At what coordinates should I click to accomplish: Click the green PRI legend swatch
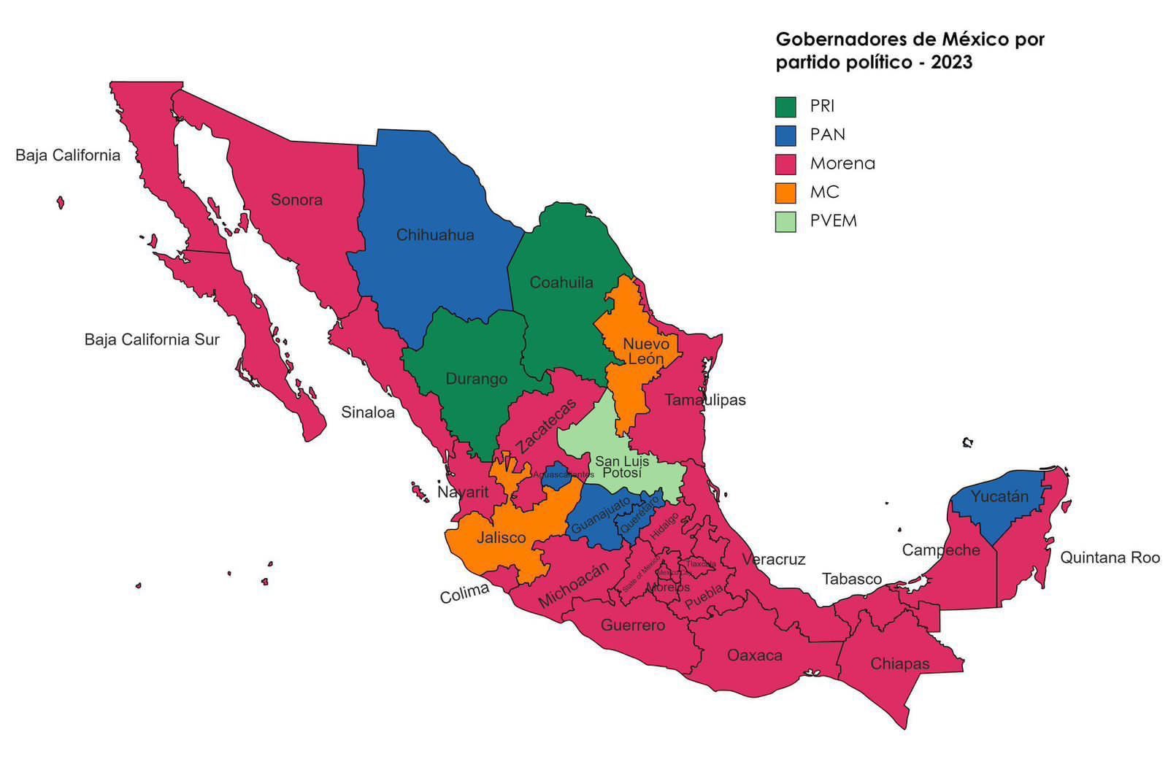click(785, 107)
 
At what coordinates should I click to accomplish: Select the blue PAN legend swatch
click(785, 135)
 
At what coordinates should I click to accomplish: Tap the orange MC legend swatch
click(785, 193)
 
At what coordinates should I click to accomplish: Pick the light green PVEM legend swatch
click(785, 221)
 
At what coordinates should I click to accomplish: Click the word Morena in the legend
click(842, 163)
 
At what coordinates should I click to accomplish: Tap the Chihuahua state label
click(435, 235)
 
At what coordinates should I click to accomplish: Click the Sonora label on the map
click(296, 200)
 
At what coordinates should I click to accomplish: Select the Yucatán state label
click(999, 497)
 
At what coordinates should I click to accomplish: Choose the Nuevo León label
click(646, 351)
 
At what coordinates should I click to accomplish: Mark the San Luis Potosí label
click(622, 467)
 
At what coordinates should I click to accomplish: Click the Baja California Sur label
click(152, 339)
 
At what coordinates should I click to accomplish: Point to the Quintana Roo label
click(1110, 558)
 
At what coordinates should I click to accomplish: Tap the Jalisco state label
click(502, 538)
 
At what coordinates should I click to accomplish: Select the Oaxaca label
click(755, 655)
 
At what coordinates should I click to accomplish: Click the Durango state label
click(477, 379)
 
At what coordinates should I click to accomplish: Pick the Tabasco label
click(852, 579)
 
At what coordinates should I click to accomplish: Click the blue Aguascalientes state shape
click(558, 477)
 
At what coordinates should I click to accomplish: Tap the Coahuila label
click(561, 282)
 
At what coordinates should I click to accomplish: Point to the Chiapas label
click(900, 664)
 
